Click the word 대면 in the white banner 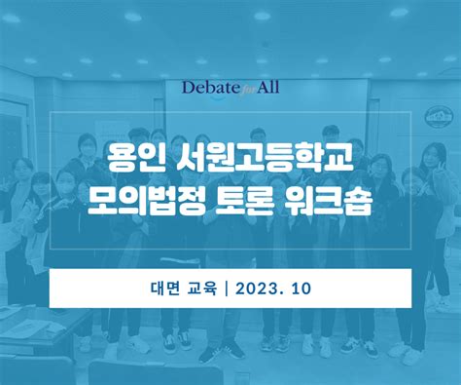tap(162, 289)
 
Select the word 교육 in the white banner tap(199, 289)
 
